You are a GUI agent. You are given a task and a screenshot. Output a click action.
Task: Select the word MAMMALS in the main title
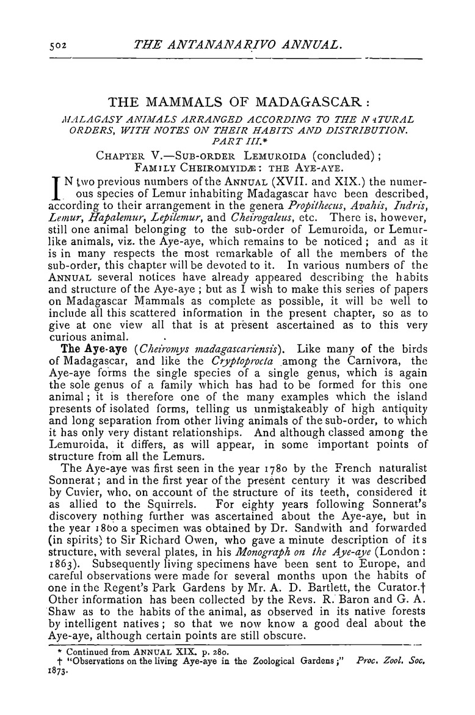[x=189, y=101]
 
